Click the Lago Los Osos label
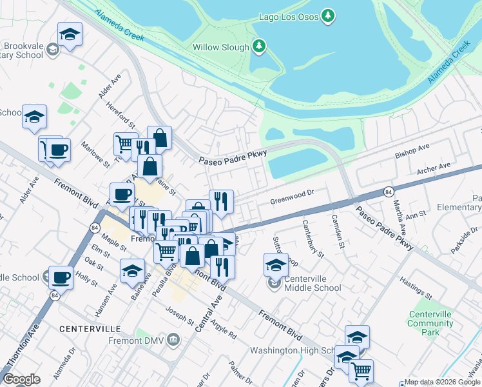pos(289,16)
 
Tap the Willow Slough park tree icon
pos(258,46)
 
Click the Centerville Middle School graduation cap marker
pos(276,264)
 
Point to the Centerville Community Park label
pos(431,323)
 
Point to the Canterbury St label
pos(313,238)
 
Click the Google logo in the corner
pos(21,379)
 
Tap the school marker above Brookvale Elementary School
pos(70,34)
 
